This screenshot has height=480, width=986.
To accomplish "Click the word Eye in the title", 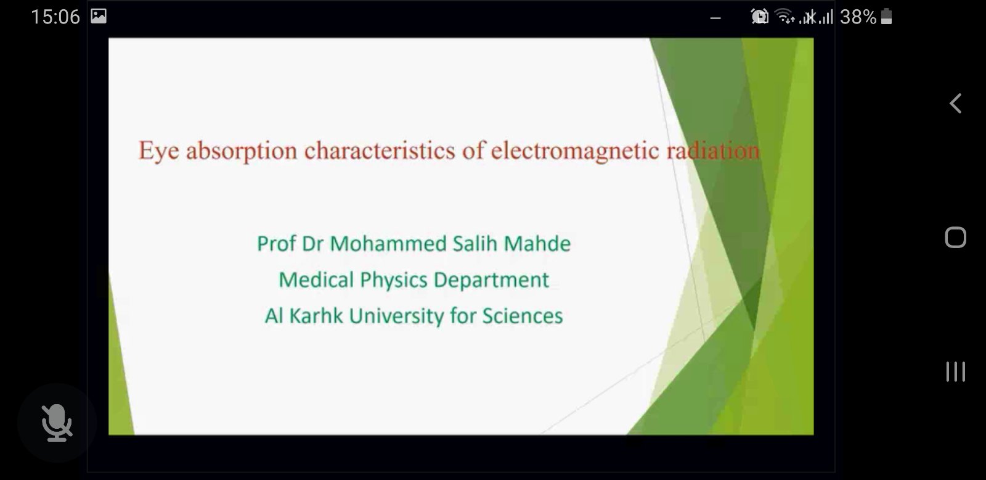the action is tap(159, 151).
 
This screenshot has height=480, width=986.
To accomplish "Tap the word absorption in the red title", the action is tap(241, 151).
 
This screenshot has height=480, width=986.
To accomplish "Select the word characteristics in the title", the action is tap(380, 151).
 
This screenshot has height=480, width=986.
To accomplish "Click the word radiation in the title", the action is tap(713, 151).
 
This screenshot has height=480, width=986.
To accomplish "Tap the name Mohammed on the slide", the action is tap(388, 244).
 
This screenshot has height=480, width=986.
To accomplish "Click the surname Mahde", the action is tap(537, 243).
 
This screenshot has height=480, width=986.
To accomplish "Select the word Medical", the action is tap(316, 280).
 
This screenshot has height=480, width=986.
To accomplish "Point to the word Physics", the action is tap(394, 281).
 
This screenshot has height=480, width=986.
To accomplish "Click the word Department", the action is tap(491, 281).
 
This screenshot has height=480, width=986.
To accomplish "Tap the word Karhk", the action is tap(316, 316).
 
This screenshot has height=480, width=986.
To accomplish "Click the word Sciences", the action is tap(523, 316).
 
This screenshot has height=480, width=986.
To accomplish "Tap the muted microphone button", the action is tap(57, 423).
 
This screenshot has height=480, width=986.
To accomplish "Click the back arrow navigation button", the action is tap(955, 104).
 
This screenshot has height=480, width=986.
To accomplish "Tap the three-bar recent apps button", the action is tap(956, 371).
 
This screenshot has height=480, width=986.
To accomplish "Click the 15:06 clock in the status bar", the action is tap(55, 17).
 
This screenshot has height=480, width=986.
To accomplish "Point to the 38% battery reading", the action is tap(858, 17).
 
